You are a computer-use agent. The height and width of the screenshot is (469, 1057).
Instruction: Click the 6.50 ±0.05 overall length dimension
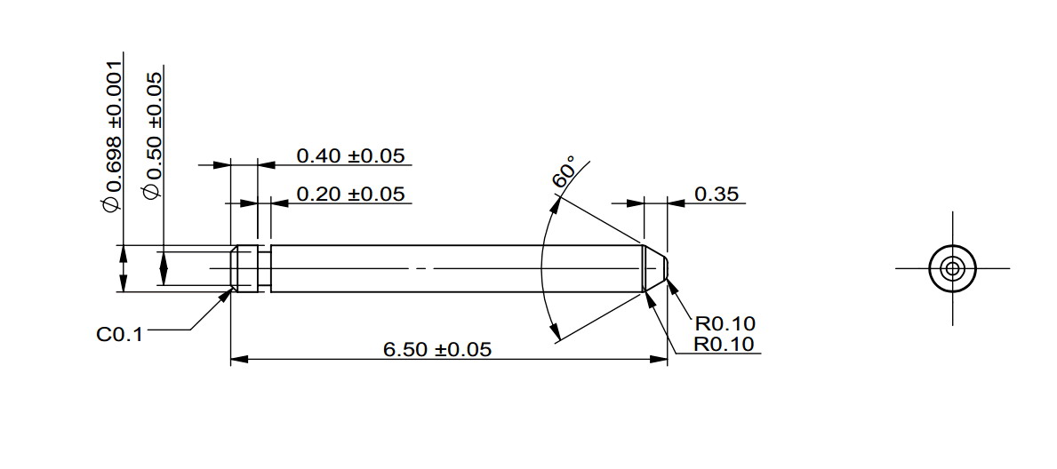point(436,349)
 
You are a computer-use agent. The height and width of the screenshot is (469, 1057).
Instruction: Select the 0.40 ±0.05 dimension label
point(350,156)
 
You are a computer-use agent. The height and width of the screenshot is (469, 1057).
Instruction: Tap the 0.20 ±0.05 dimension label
point(350,194)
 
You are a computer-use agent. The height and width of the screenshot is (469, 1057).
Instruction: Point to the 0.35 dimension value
point(717,194)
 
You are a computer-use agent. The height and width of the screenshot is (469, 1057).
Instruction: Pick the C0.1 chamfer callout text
point(119,336)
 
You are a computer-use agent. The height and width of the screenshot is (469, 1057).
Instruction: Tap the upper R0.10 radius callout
point(725,323)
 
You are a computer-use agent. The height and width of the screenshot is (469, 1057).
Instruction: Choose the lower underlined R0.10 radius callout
point(725,344)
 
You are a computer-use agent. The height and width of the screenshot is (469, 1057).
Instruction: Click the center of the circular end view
point(952,267)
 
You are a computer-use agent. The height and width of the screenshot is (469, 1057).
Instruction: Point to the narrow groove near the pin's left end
point(263,267)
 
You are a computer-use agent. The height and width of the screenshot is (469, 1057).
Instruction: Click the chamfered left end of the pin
point(234,267)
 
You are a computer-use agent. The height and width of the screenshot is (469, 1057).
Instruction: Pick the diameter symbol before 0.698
point(111,205)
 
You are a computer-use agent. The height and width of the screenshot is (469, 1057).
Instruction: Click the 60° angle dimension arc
point(543,266)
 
